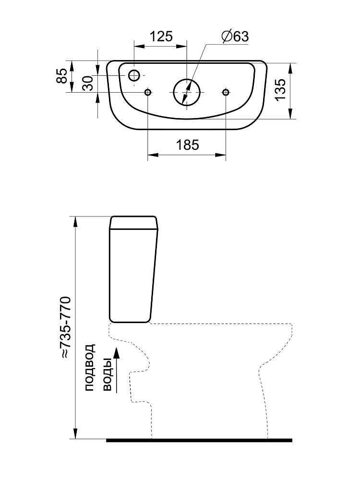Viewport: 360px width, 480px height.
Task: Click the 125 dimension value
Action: click(161, 36)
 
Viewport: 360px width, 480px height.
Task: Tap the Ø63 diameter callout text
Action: click(235, 36)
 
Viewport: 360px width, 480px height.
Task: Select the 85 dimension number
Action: click(62, 76)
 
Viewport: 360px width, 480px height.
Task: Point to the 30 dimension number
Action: click(88, 83)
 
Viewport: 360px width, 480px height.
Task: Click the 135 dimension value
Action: click(280, 89)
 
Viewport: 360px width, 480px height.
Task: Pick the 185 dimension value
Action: click(187, 145)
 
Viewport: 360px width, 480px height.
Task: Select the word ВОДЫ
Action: click(108, 375)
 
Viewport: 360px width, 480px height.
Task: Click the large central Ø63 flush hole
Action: click(187, 92)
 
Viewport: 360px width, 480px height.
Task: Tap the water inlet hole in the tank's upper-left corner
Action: click(134, 75)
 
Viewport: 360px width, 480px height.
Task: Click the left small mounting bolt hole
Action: click(148, 92)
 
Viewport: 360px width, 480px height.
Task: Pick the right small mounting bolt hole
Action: click(226, 92)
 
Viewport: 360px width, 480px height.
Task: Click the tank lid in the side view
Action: click(134, 223)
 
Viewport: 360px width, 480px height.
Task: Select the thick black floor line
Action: click(199, 440)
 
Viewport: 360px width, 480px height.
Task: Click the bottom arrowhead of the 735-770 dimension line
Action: click(75, 433)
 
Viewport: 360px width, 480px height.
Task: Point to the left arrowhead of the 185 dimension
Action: click(153, 155)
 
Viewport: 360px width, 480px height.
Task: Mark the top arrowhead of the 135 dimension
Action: click(290, 68)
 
